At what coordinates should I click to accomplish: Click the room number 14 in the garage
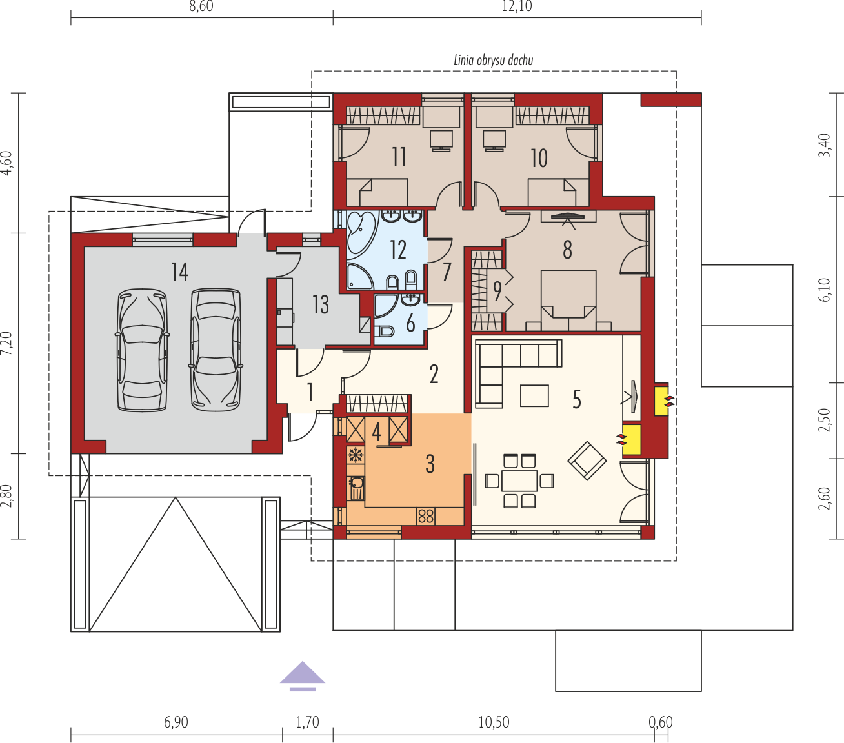(179, 272)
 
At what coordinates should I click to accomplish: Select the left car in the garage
(142, 350)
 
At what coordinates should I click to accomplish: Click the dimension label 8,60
(201, 6)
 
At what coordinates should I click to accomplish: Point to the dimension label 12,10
(517, 6)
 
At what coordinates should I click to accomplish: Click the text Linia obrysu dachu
(494, 61)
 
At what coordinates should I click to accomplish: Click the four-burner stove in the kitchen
(426, 517)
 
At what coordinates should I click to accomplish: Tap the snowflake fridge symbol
(356, 455)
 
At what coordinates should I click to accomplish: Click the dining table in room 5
(519, 481)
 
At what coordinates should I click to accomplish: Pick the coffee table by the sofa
(534, 395)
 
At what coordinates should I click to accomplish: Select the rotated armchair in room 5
(587, 461)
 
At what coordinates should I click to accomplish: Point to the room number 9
(497, 291)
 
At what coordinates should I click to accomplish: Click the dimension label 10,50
(494, 722)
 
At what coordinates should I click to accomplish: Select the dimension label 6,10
(825, 290)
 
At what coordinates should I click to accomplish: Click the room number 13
(321, 304)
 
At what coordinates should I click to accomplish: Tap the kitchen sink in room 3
(356, 488)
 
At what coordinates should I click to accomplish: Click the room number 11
(399, 157)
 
